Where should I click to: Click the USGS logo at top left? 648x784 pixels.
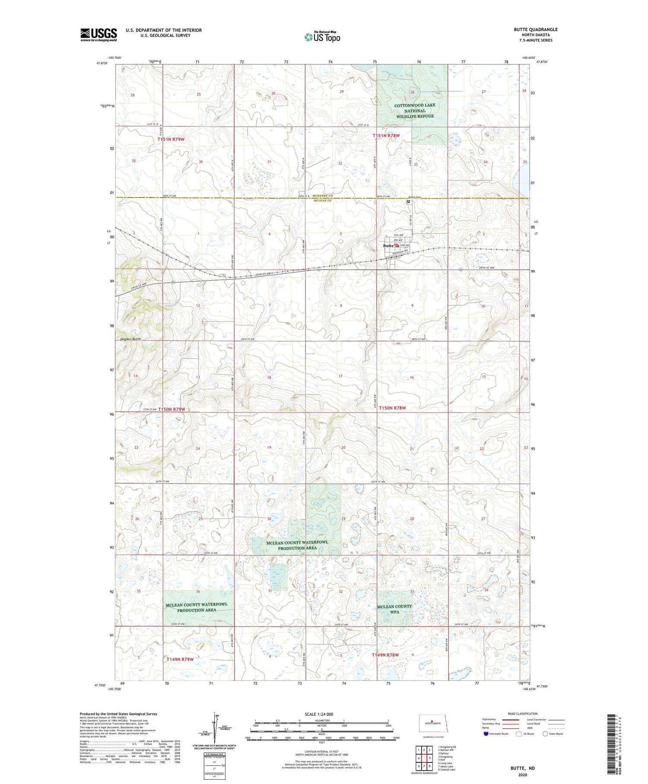tap(98, 35)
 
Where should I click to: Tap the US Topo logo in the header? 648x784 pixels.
tap(322, 37)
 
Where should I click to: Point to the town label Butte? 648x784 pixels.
tap(388, 246)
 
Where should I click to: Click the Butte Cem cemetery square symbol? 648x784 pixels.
tap(408, 202)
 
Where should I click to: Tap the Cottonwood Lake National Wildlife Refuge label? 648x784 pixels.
tap(414, 111)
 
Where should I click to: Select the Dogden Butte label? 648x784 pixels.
tap(130, 339)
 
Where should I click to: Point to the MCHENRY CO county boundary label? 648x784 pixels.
tap(323, 196)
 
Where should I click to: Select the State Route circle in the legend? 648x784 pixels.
tap(545, 733)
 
